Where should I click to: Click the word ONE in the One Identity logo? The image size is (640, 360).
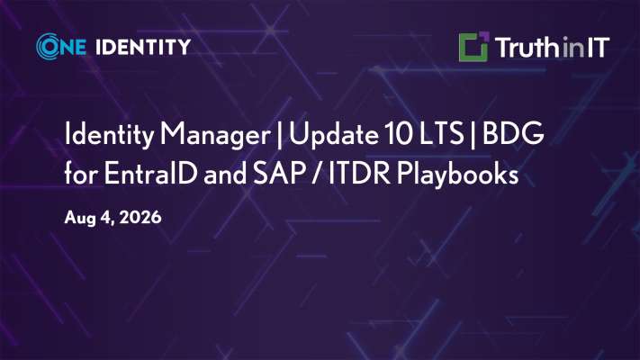(x=61, y=47)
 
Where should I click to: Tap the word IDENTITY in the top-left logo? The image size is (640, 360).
(x=143, y=47)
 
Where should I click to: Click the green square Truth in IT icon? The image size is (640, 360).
(x=473, y=47)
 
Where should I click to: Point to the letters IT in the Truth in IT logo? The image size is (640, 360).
(x=599, y=48)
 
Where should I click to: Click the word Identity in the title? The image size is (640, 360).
(x=110, y=134)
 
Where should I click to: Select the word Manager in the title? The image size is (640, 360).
(x=215, y=135)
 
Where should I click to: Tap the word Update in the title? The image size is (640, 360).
(x=333, y=135)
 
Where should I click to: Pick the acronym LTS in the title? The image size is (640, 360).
(x=441, y=134)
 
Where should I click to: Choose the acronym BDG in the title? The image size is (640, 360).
(x=513, y=134)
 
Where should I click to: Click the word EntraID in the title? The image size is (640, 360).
(x=150, y=173)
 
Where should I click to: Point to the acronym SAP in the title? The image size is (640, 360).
(x=279, y=173)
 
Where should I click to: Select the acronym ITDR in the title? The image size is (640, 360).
(x=359, y=173)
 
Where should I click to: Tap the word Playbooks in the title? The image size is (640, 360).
(x=457, y=175)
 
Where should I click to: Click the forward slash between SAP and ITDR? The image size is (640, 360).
(x=317, y=174)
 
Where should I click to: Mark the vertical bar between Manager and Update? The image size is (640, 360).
(x=280, y=135)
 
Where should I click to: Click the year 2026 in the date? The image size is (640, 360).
(x=140, y=217)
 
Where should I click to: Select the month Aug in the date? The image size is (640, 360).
(x=80, y=219)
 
